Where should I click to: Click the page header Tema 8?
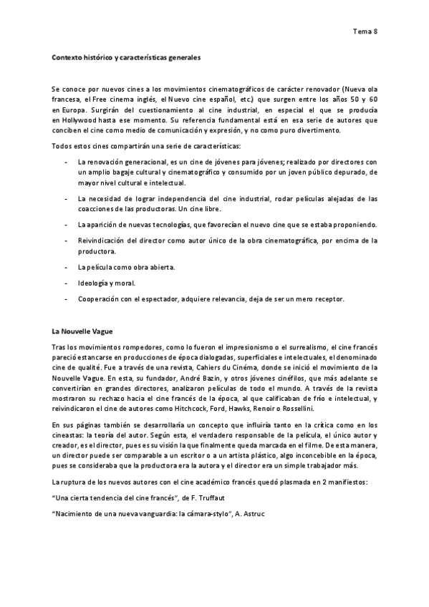point(365,31)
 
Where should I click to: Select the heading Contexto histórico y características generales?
point(126,57)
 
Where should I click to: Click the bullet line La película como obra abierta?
point(126,267)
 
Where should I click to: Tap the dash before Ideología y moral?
point(66,283)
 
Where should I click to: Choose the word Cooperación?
point(100,298)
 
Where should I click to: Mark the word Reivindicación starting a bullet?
point(104,241)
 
